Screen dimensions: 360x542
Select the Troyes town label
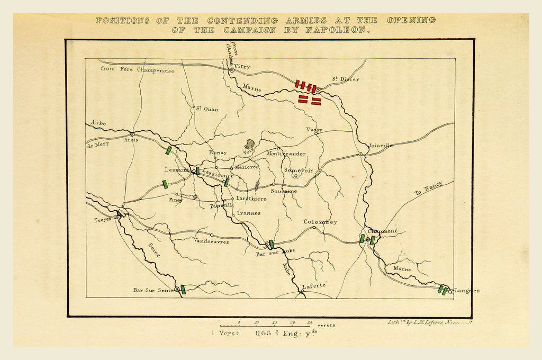[x=103, y=220]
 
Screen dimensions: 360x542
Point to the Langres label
[x=467, y=291]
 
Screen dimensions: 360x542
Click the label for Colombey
[x=320, y=222]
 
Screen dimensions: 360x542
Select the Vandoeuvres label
[x=211, y=241]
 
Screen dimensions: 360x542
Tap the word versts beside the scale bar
[x=326, y=325]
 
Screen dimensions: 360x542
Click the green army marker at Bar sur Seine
[x=183, y=290]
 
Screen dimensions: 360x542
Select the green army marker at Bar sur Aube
[x=271, y=244]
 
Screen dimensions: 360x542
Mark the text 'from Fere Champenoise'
[x=137, y=70]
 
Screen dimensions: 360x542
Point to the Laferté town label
[x=311, y=286]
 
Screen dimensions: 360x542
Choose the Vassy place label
[x=314, y=129]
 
